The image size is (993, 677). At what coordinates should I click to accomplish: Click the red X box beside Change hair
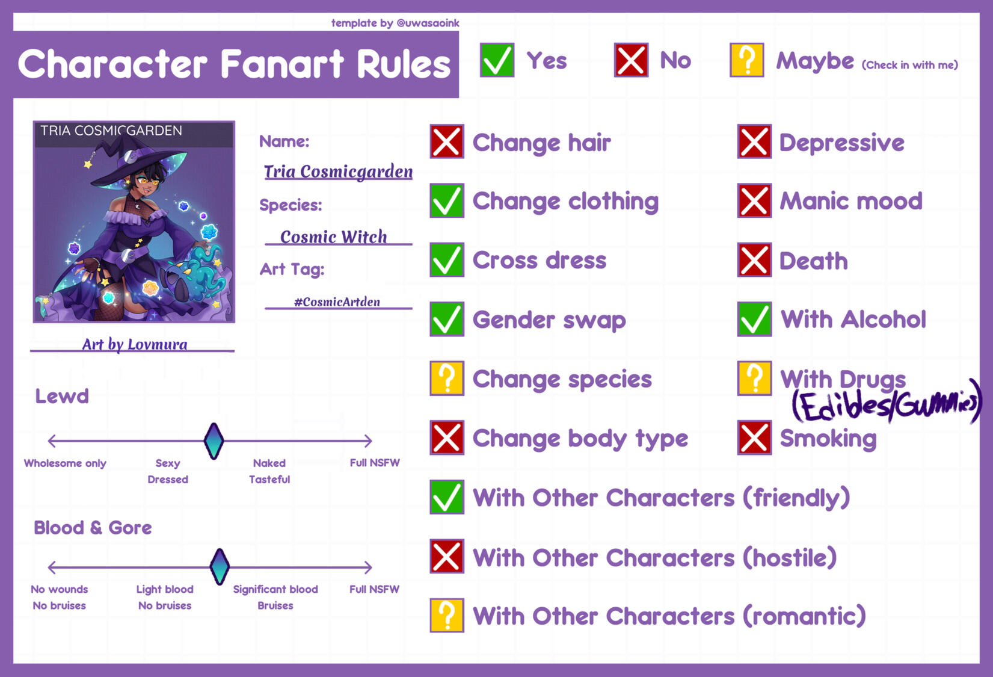[x=446, y=141]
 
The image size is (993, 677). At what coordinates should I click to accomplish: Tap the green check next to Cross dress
[x=446, y=259]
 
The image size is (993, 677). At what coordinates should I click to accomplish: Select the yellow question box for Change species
[x=446, y=378]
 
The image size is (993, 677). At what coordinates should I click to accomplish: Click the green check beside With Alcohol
[x=754, y=319]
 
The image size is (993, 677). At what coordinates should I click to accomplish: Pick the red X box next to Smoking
[x=754, y=437]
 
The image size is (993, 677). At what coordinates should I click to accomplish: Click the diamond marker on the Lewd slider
[x=214, y=441]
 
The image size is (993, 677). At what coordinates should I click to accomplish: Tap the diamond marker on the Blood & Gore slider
[x=220, y=566]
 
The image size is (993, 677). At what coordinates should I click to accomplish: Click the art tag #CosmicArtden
[x=337, y=302]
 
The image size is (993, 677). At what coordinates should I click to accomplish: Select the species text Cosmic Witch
[x=333, y=236]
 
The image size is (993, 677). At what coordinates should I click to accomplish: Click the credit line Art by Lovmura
[x=135, y=344]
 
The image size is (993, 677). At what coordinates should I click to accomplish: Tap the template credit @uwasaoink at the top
[x=428, y=23]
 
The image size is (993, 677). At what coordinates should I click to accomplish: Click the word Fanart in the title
[x=282, y=64]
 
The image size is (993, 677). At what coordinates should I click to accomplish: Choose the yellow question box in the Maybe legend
[x=746, y=60]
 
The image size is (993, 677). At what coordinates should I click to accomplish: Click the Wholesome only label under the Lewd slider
[x=65, y=463]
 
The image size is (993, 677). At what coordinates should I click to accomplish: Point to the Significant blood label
[x=275, y=589]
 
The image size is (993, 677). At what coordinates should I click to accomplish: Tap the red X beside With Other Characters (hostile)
[x=446, y=556]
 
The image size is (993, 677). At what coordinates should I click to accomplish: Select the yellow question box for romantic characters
[x=446, y=615]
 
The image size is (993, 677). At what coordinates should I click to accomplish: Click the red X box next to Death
[x=754, y=259]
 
